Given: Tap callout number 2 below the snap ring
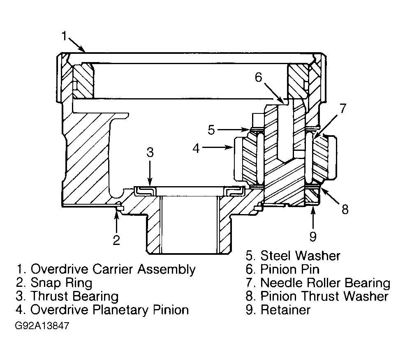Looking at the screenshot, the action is pyautogui.click(x=116, y=240).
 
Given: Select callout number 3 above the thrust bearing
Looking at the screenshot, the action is pyautogui.click(x=150, y=152).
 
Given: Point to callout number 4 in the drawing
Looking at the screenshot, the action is pyautogui.click(x=196, y=148).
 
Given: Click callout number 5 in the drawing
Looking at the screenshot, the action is pyautogui.click(x=211, y=129).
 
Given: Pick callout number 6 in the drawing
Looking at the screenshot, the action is pyautogui.click(x=259, y=77).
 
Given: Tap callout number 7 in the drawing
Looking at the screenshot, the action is pyautogui.click(x=343, y=108).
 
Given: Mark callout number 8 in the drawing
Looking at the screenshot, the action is pyautogui.click(x=345, y=209).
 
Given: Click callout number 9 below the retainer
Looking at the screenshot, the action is pyautogui.click(x=313, y=236).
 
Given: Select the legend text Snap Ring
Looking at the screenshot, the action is pyautogui.click(x=62, y=283).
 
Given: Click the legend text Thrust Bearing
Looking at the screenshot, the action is pyautogui.click(x=74, y=296).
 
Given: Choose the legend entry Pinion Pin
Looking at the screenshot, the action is pyautogui.click(x=290, y=269).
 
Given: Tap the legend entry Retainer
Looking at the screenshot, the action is pyautogui.click(x=285, y=309).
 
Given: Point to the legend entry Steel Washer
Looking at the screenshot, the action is pyautogui.click(x=300, y=256).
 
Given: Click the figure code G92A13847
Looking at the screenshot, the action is pyautogui.click(x=42, y=325).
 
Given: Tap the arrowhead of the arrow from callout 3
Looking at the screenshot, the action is pyautogui.click(x=150, y=183).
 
